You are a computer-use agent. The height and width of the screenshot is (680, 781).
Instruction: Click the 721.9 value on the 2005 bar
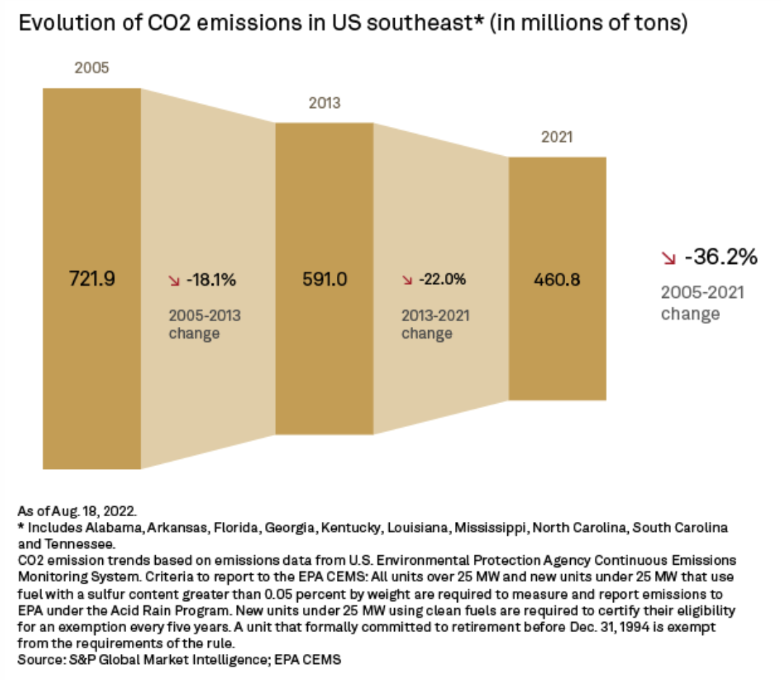92,278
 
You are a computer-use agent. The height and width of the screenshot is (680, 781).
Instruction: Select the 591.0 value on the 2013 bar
324,278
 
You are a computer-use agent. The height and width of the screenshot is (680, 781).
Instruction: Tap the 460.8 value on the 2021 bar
557,278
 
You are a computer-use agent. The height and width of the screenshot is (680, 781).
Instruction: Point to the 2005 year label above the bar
91,69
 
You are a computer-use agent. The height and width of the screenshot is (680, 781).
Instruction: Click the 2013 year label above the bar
324,103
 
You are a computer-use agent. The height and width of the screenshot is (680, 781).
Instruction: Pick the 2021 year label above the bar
557,137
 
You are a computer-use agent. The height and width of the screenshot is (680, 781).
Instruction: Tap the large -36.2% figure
721,257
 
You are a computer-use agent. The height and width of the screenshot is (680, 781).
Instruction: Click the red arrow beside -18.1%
174,280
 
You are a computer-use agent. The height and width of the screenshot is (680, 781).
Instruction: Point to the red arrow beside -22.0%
406,280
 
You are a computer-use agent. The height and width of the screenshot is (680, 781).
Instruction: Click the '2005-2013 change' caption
204,325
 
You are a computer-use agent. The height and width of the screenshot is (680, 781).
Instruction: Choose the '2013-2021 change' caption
436,325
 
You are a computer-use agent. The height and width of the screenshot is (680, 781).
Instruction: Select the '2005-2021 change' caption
702,303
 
